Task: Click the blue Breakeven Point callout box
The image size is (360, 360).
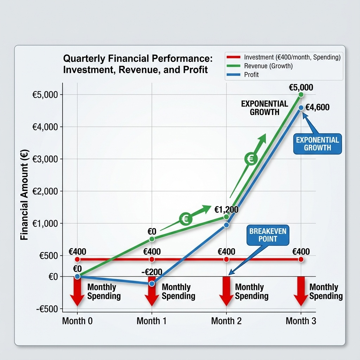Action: coord(268,235)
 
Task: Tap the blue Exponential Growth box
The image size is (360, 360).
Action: coord(317,144)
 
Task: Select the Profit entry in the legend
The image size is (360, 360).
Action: coord(251,75)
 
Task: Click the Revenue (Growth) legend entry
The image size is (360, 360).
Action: coord(268,66)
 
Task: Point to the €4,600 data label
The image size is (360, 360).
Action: coord(317,107)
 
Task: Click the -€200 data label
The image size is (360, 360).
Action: coord(152,272)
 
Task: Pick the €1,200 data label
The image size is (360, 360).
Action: coord(226,210)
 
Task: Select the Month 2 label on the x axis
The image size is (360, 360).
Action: coord(226,321)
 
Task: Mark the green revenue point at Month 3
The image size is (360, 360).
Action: coord(301,95)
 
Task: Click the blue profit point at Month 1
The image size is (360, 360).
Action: coord(152,283)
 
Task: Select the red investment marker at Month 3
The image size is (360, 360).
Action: coord(301,259)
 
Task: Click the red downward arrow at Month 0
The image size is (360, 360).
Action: coord(77,291)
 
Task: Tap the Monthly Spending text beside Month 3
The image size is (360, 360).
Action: coord(326,292)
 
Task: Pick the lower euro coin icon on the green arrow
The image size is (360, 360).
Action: coord(185,219)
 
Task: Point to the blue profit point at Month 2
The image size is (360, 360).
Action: coord(226,225)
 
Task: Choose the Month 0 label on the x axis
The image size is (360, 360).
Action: coord(77,321)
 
